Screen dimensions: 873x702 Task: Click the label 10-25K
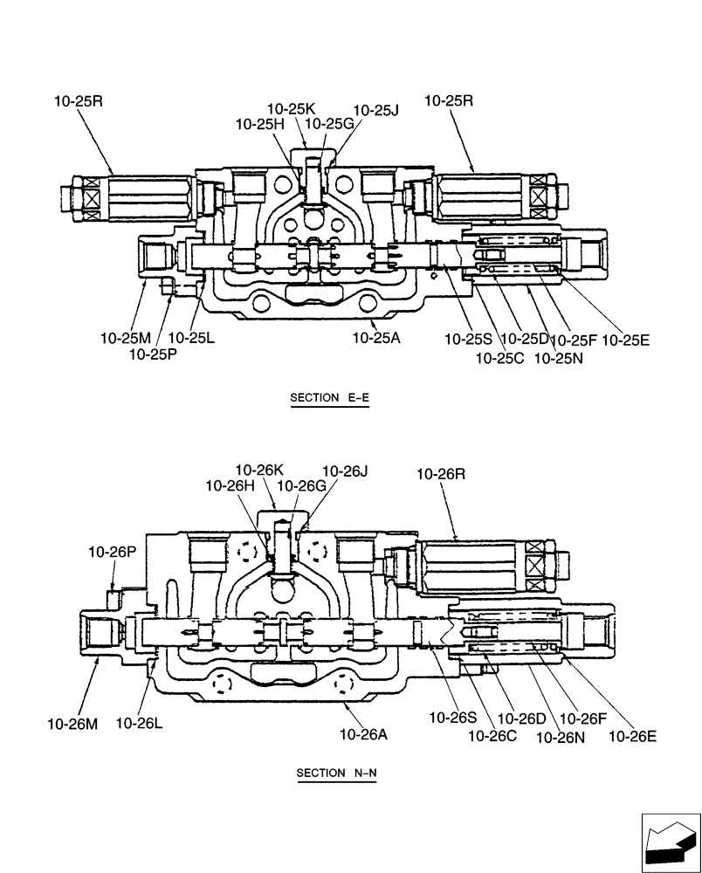[x=291, y=109]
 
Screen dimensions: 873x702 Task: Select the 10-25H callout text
[x=260, y=124]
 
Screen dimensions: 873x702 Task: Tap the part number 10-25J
[x=375, y=110]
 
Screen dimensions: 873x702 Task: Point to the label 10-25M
[x=127, y=337]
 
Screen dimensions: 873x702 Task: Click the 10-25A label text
[x=376, y=337]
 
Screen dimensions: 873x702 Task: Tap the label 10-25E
[x=626, y=339]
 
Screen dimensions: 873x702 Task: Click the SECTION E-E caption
[x=329, y=398]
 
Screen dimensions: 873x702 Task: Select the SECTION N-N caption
[x=336, y=773]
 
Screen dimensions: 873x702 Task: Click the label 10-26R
[x=441, y=474]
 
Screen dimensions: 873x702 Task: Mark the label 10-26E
[x=632, y=735]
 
